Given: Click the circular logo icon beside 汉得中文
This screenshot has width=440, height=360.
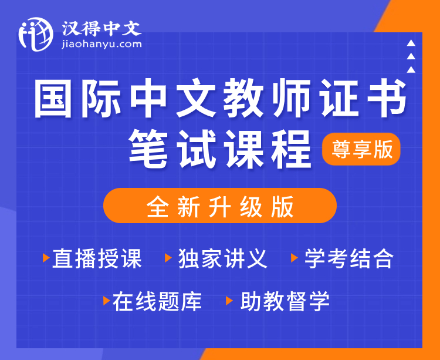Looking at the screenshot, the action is pyautogui.click(x=36, y=34).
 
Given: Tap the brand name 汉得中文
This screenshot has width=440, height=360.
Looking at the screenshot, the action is pyautogui.click(x=101, y=28).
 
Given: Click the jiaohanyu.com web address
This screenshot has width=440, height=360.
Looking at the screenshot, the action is pyautogui.click(x=101, y=44).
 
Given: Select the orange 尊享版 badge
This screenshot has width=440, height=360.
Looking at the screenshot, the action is pyautogui.click(x=361, y=149).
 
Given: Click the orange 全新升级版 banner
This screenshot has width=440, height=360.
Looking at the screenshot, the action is pyautogui.click(x=220, y=206).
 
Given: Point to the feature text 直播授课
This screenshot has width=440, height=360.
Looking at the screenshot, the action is pyautogui.click(x=97, y=258).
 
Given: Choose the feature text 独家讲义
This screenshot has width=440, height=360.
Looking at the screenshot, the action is pyautogui.click(x=223, y=258).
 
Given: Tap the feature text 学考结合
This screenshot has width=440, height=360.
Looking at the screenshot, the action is pyautogui.click(x=349, y=258).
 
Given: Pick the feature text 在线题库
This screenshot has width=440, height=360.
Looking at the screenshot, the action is pyautogui.click(x=157, y=301).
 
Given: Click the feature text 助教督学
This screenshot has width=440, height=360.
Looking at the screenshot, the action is pyautogui.click(x=285, y=301).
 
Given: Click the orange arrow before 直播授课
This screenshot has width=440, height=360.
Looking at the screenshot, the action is pyautogui.click(x=46, y=257).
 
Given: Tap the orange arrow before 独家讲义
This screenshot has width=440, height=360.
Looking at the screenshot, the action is pyautogui.click(x=168, y=257).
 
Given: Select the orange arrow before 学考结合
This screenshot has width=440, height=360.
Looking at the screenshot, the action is pyautogui.click(x=295, y=257).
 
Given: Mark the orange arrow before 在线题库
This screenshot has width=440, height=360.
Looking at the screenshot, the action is pyautogui.click(x=107, y=301).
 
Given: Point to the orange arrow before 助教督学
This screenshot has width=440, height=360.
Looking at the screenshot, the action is pyautogui.click(x=229, y=301).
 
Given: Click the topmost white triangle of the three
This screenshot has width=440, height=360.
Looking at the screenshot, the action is pyautogui.click(x=411, y=43).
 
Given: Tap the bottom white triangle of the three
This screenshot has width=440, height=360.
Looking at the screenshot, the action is pyautogui.click(x=411, y=69).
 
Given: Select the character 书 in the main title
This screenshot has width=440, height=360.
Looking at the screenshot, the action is pyautogui.click(x=387, y=98).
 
